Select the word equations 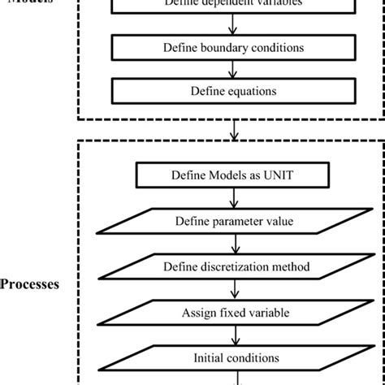pyautogui.click(x=251, y=90)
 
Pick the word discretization pyautogui.click(x=241, y=266)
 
